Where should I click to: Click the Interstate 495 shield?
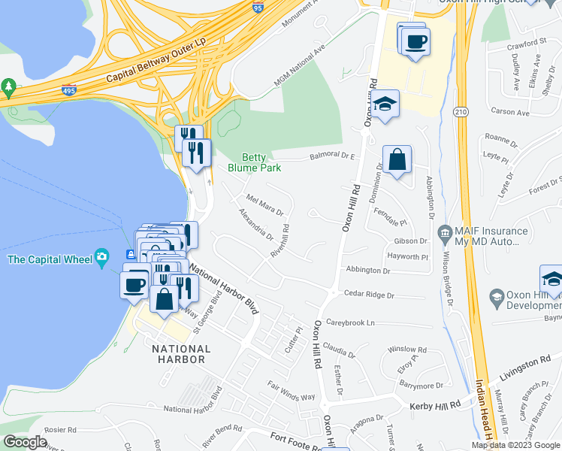[x=69, y=90]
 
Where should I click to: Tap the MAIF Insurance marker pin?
[x=444, y=232]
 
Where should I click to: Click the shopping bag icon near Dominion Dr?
[x=397, y=159]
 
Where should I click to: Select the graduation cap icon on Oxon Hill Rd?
[x=385, y=105]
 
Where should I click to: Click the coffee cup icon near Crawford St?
[x=415, y=42]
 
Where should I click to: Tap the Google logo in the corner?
[x=25, y=442]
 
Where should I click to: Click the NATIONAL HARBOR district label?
[x=181, y=354]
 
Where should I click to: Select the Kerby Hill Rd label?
[x=434, y=406]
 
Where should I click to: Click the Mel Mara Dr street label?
[x=265, y=204]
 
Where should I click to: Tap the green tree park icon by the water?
[x=9, y=87]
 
